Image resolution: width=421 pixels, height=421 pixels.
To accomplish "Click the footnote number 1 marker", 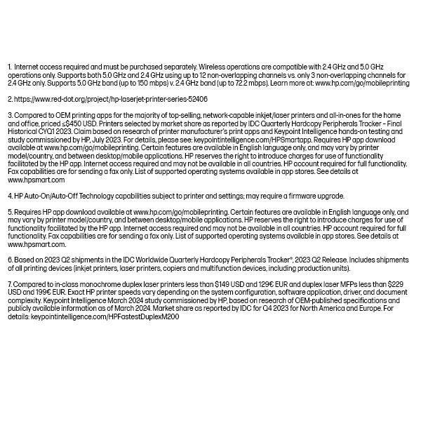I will tap(9, 66).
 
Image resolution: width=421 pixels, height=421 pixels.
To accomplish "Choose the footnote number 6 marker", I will tap(9, 260).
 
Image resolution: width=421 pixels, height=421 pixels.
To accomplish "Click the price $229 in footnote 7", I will tap(396, 285).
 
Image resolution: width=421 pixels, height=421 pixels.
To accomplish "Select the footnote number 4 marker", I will tap(9, 196).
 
